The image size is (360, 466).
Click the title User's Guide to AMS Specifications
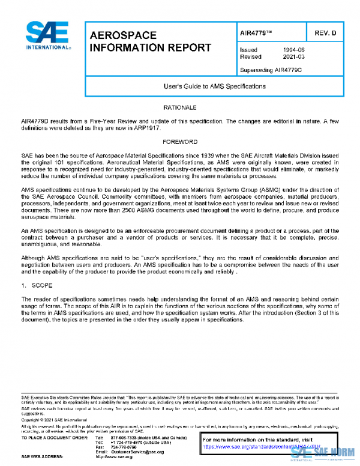click(x=215, y=86)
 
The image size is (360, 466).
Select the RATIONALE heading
click(x=179, y=107)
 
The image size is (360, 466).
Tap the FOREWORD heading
click(x=179, y=142)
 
